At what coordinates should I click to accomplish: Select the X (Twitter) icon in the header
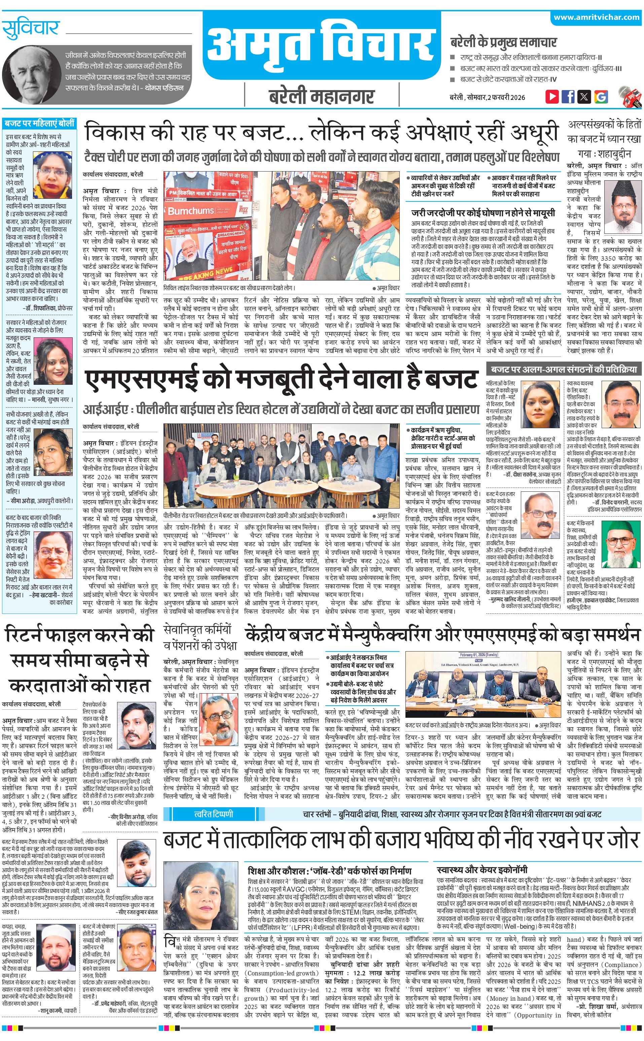pyautogui.click(x=584, y=96)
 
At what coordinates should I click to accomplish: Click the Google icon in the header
pyautogui.click(x=601, y=97)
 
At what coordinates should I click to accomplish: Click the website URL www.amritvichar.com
pyautogui.click(x=596, y=17)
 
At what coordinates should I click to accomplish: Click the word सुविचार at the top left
pyautogui.click(x=30, y=29)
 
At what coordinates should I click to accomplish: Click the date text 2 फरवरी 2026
pyautogui.click(x=506, y=97)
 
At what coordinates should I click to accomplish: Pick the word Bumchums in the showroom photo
pyautogui.click(x=190, y=211)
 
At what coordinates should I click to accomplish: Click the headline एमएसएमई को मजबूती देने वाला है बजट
pyautogui.click(x=281, y=379)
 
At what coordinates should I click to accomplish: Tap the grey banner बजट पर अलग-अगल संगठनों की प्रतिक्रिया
pyautogui.click(x=564, y=369)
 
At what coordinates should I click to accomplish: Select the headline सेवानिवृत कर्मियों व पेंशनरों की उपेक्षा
pyautogui.click(x=197, y=637)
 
